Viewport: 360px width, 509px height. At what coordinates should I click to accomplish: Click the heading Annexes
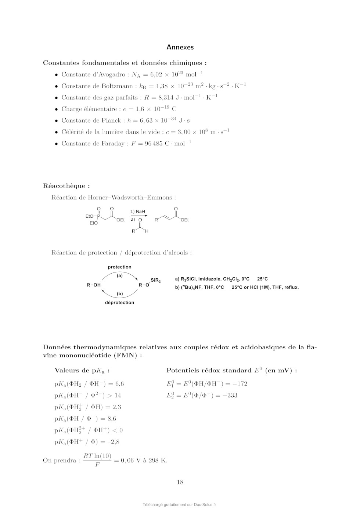(180, 47)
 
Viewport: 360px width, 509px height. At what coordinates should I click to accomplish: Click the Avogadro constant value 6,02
(156, 75)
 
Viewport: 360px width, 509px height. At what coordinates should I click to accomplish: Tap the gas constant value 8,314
(166, 98)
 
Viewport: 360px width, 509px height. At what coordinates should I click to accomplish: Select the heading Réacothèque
(66, 186)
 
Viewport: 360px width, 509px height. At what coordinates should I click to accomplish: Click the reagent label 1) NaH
(138, 212)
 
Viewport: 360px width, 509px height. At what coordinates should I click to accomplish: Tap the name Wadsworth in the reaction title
(126, 198)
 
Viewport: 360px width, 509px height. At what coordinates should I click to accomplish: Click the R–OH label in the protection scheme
(94, 285)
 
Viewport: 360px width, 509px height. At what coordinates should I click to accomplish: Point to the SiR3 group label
(156, 281)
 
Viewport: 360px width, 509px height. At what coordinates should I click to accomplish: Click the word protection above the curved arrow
(119, 267)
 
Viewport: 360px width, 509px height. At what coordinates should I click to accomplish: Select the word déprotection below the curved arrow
(119, 303)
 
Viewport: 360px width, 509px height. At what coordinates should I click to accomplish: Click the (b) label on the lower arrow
(120, 294)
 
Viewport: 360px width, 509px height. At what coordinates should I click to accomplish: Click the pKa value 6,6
(119, 384)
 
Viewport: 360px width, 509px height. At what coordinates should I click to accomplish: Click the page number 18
(180, 482)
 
